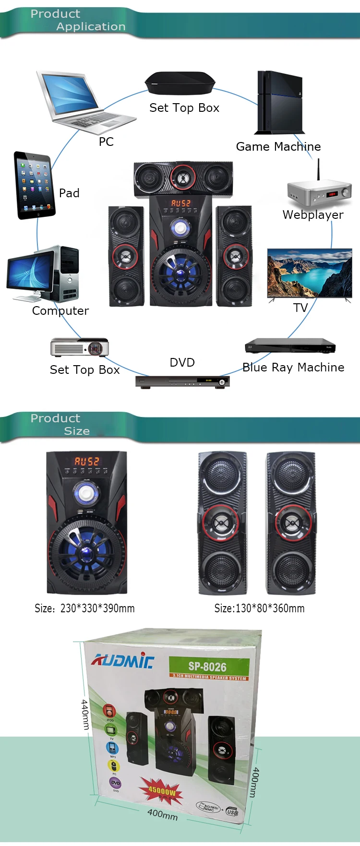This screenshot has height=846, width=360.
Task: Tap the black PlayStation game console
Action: (x=279, y=102)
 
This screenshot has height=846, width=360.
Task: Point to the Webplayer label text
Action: (x=313, y=215)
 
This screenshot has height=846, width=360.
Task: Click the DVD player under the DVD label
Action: (x=182, y=382)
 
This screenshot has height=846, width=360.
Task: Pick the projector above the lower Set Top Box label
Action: (x=80, y=347)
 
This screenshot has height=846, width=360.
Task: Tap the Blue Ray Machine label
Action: (x=293, y=368)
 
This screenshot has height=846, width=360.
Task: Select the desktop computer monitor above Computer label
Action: (x=30, y=274)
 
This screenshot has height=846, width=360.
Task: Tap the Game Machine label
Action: (x=278, y=147)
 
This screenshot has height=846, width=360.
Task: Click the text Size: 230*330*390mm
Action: (x=84, y=608)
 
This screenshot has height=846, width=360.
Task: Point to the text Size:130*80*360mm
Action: (x=259, y=608)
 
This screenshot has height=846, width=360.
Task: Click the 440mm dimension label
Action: (x=85, y=715)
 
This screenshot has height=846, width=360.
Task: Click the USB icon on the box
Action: (x=232, y=812)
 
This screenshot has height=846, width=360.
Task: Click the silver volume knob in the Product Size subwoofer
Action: (x=86, y=492)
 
